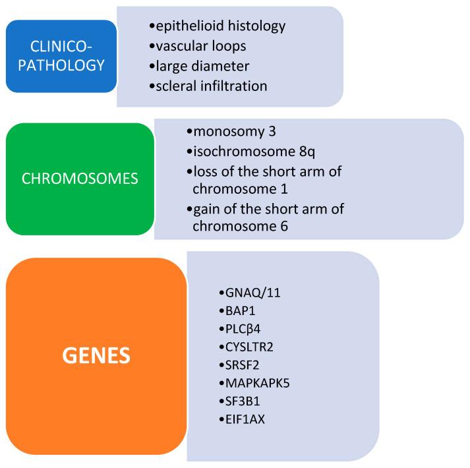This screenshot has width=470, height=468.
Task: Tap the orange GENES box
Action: point(96,356)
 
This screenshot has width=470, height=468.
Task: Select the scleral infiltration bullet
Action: point(210,86)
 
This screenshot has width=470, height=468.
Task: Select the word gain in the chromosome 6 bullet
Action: point(207,210)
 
